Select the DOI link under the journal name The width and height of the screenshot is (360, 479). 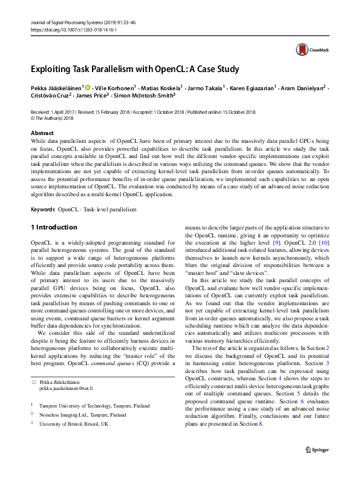click(x=65, y=29)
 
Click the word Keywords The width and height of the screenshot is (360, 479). click(x=42, y=210)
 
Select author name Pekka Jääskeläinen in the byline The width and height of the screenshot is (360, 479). click(x=57, y=87)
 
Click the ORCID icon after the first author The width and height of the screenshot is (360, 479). click(x=88, y=87)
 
